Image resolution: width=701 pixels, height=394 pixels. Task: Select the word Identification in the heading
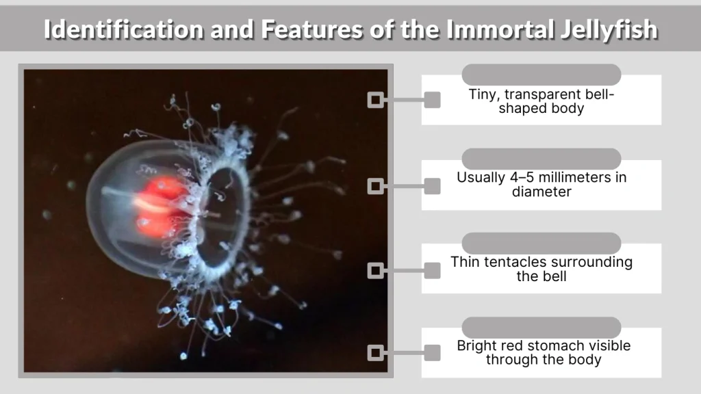pyautogui.click(x=123, y=30)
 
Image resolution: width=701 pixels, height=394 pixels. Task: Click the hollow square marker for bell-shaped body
pyautogui.click(x=375, y=100)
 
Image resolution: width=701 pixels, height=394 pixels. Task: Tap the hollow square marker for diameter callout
pyautogui.click(x=375, y=185)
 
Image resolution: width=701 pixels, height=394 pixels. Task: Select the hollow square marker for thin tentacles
pyautogui.click(x=375, y=271)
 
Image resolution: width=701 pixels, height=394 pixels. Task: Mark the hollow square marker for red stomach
pyautogui.click(x=375, y=353)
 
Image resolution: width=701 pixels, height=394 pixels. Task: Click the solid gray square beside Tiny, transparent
pyautogui.click(x=432, y=100)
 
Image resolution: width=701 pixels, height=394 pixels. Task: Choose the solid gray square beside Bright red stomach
pyautogui.click(x=432, y=353)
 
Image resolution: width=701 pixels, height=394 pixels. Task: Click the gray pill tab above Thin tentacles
pyautogui.click(x=541, y=243)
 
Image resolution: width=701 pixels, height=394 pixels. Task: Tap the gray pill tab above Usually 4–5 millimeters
pyautogui.click(x=541, y=159)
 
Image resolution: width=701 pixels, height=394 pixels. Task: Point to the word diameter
pyautogui.click(x=541, y=192)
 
